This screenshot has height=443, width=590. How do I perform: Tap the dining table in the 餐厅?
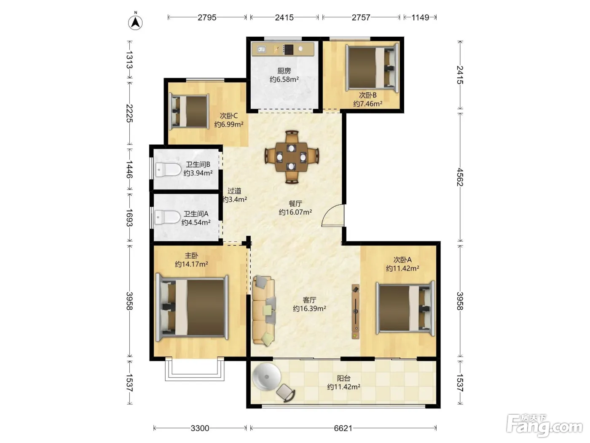point(292,157)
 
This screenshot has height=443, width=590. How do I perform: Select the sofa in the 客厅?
point(264,311)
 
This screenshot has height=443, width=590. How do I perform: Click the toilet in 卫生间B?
point(168,170)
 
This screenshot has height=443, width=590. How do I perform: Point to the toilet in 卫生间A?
point(167,217)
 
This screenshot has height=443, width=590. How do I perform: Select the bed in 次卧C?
point(189,111)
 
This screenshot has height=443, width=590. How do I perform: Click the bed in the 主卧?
point(192,308)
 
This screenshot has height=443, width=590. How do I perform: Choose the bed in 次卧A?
point(405,308)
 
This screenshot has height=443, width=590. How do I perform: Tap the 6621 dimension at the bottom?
point(343,428)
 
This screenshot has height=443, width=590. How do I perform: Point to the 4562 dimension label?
point(460,177)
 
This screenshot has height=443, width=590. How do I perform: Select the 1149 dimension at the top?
point(420,17)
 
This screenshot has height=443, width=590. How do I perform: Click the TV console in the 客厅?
point(356,311)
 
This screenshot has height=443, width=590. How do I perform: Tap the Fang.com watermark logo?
point(544,426)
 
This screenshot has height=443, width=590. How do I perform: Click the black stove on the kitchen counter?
point(288,49)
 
